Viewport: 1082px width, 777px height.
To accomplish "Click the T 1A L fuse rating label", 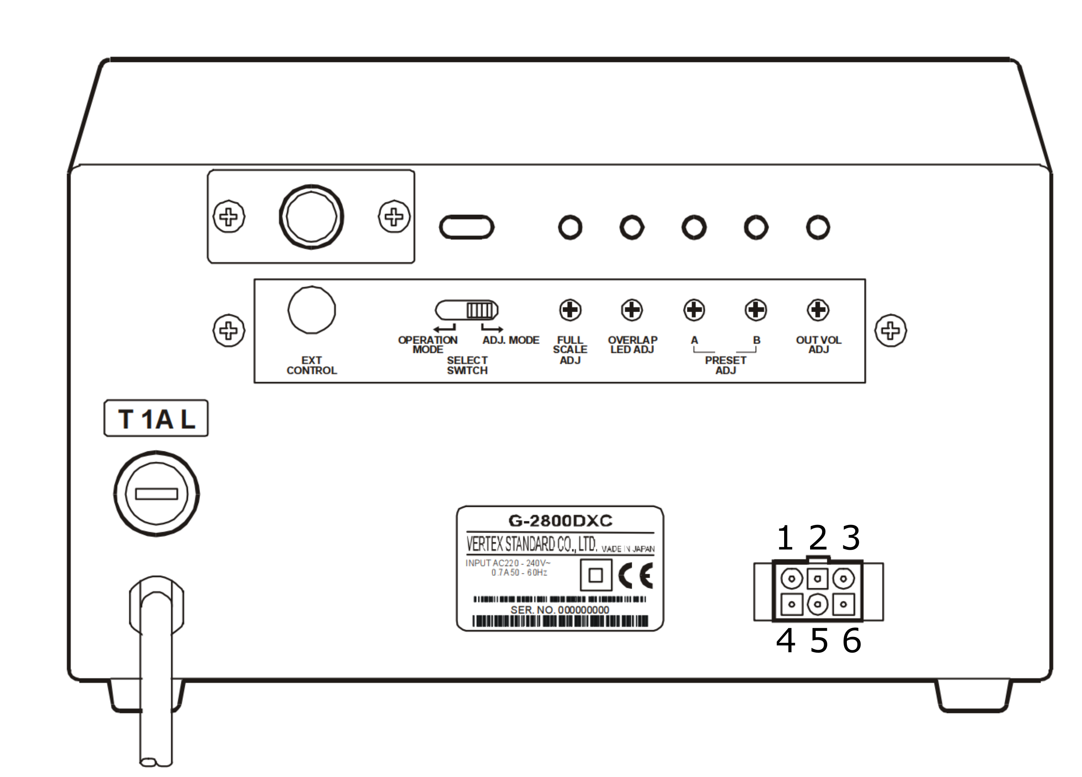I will [156, 419].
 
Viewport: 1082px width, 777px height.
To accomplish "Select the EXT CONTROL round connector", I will [311, 310].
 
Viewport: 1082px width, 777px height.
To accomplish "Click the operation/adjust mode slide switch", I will [467, 310].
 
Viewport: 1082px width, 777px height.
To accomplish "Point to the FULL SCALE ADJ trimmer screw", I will [570, 310].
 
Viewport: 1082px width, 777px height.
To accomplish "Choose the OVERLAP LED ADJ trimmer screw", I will [632, 310].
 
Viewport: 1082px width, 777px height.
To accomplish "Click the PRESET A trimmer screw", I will [694, 310].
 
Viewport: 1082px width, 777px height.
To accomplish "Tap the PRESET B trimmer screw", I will [756, 310].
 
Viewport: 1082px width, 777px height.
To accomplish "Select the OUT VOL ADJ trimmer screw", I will [818, 310].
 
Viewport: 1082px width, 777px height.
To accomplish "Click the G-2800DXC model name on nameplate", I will [560, 521].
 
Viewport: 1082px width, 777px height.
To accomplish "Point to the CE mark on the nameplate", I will [635, 576].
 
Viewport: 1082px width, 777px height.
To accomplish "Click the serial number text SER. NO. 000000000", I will [560, 610].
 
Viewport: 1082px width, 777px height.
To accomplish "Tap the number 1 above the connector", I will [785, 538].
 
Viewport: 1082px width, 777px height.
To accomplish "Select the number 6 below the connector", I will [852, 641].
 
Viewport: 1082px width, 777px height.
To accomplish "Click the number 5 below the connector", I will [818, 641].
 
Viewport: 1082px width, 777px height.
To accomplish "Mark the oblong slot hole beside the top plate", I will [467, 227].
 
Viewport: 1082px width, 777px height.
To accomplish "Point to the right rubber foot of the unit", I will [974, 695].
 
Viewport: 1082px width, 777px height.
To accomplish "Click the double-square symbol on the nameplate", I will [596, 575].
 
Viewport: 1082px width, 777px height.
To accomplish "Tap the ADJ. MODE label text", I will [511, 340].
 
